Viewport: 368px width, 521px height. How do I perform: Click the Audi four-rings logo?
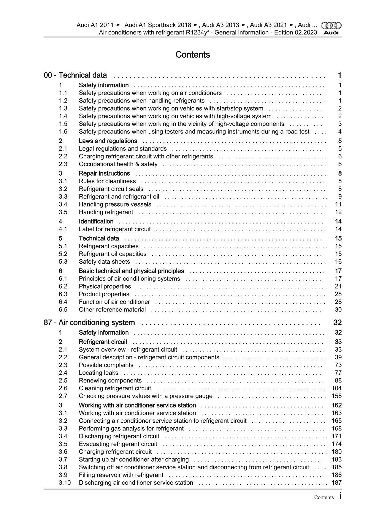tap(331, 26)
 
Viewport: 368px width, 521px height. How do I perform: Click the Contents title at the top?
tap(193, 55)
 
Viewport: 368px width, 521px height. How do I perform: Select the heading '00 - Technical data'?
tap(75, 75)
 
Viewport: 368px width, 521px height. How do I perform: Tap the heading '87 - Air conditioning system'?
tap(89, 322)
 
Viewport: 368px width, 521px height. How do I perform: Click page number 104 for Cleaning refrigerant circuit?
tap(337, 388)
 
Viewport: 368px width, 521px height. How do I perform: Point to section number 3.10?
tap(65, 483)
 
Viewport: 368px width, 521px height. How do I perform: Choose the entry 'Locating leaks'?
tap(99, 373)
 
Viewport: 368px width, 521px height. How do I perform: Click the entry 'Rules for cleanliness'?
tap(107, 181)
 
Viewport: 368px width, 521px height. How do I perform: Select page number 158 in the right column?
tap(337, 396)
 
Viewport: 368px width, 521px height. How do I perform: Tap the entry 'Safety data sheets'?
tap(104, 262)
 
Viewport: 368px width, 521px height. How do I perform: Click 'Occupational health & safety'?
tap(118, 164)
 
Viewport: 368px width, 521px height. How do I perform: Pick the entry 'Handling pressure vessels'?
tap(115, 204)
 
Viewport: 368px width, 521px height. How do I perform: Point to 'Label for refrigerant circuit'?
tap(115, 229)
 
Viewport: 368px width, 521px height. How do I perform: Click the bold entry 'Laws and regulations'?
tap(108, 141)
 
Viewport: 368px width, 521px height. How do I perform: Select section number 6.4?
tap(63, 302)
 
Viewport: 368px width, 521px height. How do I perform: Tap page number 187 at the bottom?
tap(337, 483)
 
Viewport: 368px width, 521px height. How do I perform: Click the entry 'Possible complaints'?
tap(106, 365)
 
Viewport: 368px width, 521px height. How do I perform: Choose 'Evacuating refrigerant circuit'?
tap(118, 444)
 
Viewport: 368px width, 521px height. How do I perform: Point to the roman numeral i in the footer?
tap(340, 496)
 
